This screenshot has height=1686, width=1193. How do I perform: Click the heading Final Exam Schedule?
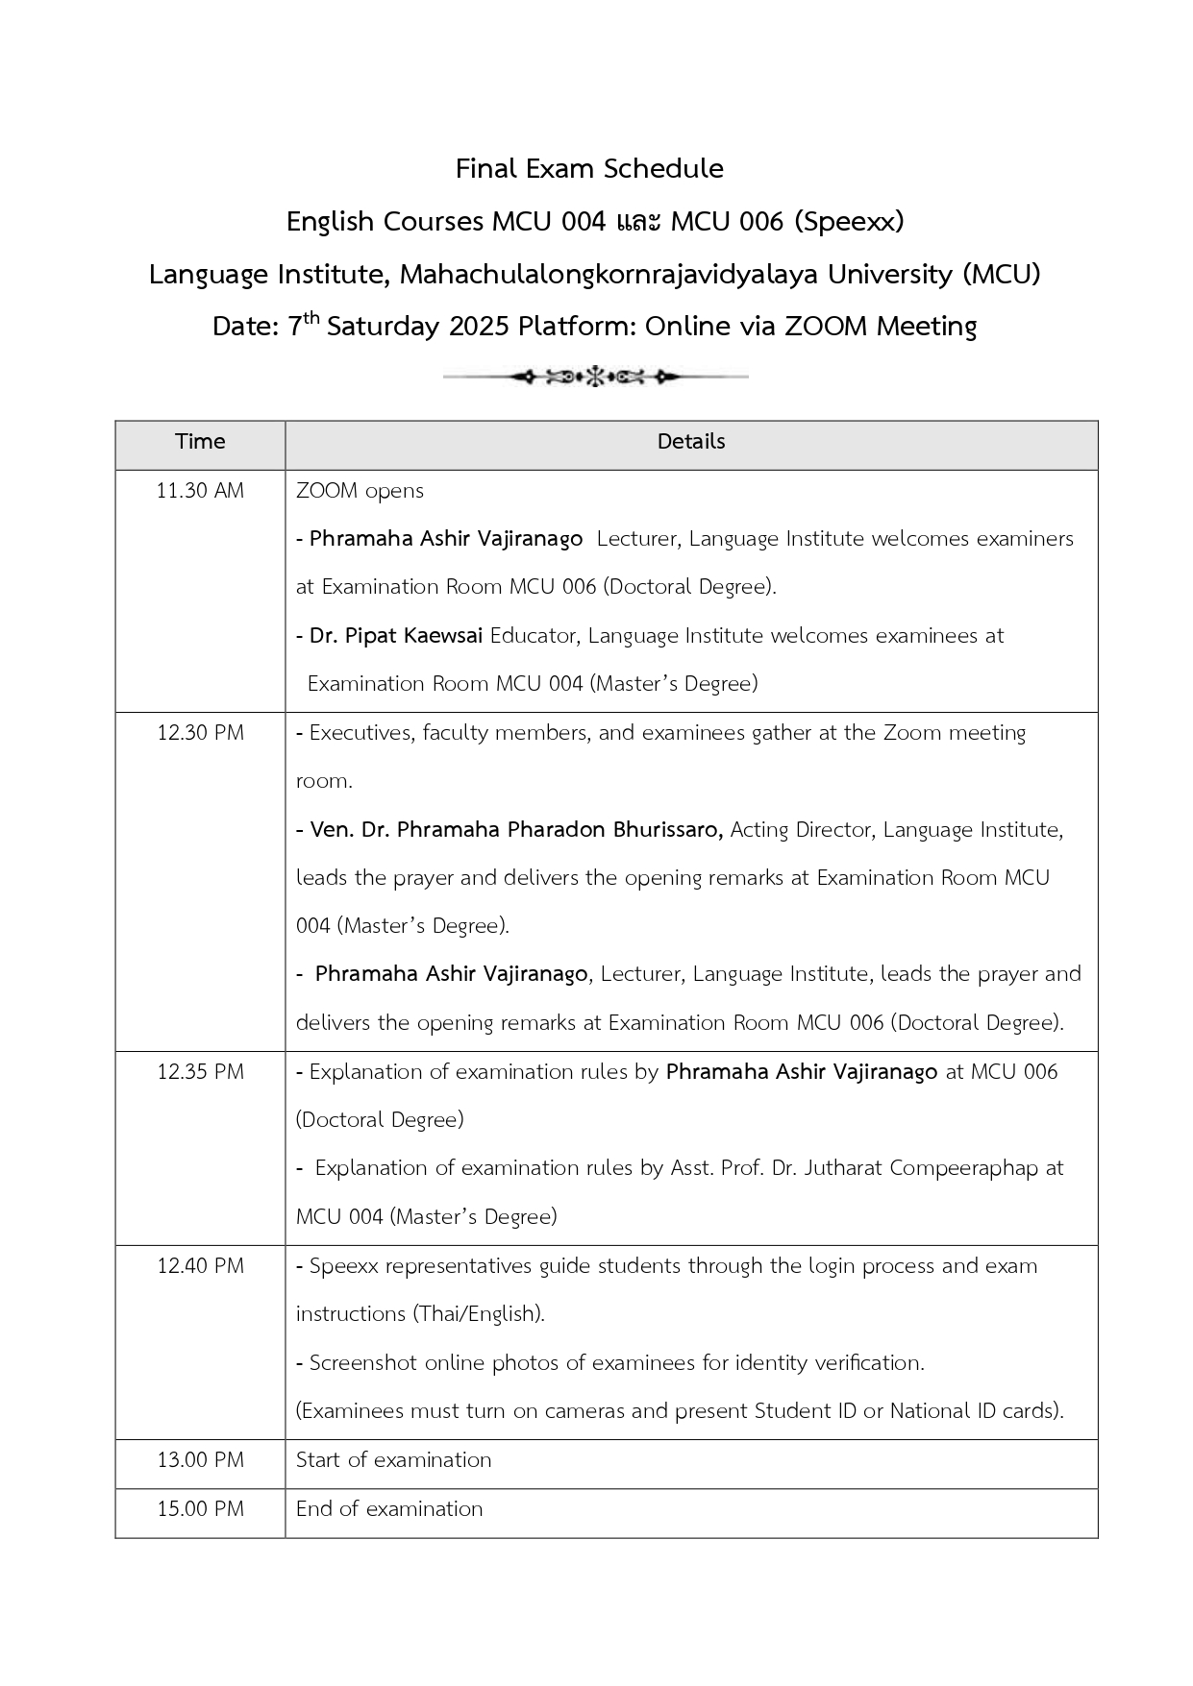click(x=589, y=169)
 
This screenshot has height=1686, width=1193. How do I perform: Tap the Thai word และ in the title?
click(x=638, y=222)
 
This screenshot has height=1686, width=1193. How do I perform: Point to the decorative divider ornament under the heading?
click(x=595, y=378)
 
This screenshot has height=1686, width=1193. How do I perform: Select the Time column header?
click(x=200, y=442)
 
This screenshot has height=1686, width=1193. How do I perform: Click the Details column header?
click(x=690, y=442)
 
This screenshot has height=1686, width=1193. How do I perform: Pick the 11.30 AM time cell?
click(x=200, y=491)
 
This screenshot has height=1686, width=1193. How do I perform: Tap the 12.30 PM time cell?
click(x=200, y=733)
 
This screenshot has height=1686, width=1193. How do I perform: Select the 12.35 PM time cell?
click(x=200, y=1072)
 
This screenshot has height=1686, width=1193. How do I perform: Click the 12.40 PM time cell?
click(x=200, y=1266)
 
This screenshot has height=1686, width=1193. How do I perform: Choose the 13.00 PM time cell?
click(x=200, y=1460)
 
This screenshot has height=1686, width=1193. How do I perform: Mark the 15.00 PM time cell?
click(x=200, y=1509)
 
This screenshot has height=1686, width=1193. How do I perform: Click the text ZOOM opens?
click(x=360, y=491)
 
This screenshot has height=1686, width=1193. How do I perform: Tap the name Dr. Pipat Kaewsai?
click(x=396, y=636)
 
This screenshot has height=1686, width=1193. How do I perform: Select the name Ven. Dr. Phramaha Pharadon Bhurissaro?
click(x=516, y=830)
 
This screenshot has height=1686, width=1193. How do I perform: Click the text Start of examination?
click(x=393, y=1460)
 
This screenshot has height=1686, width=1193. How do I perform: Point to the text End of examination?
click(x=389, y=1509)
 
